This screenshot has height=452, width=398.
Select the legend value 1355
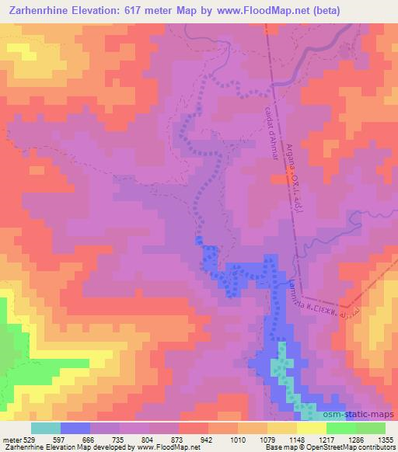coord(385,440)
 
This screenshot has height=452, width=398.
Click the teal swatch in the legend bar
coord(46,428)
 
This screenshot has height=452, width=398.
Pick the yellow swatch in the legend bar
coord(311,428)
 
